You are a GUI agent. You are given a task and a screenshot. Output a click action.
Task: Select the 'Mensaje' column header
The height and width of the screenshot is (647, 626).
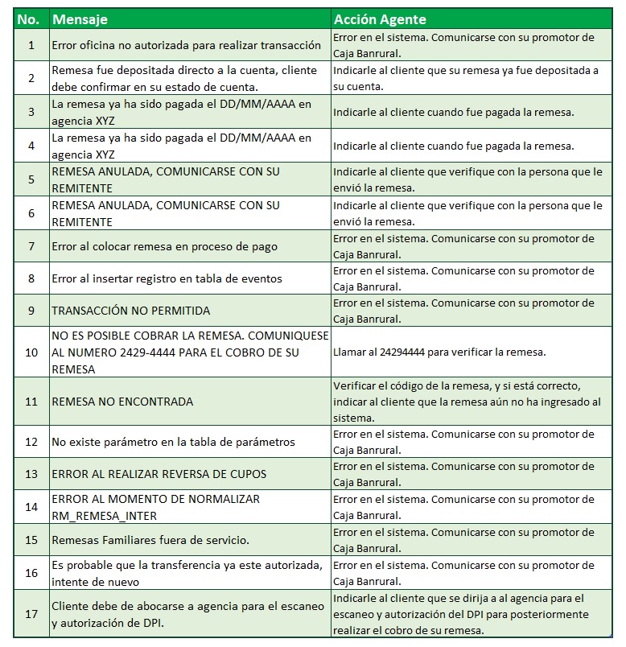point(80,19)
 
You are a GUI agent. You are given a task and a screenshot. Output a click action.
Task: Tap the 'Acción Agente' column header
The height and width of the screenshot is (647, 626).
point(380,19)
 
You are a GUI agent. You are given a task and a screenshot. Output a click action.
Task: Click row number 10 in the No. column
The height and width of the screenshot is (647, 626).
point(31,352)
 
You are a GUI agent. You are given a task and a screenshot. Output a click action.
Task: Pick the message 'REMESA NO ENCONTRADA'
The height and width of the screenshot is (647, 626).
point(122,401)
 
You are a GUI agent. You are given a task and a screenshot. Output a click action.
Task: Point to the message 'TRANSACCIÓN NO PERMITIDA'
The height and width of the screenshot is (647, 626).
point(131,310)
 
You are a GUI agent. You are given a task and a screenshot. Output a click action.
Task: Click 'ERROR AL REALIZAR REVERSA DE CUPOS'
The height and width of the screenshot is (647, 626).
point(159,474)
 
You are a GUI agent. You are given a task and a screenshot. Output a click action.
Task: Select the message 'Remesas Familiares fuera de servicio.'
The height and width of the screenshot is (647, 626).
point(150,539)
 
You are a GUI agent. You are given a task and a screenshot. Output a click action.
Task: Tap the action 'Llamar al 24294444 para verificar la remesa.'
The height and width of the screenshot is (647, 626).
point(440,352)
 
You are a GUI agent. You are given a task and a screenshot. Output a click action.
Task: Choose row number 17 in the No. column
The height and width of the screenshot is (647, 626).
point(31,613)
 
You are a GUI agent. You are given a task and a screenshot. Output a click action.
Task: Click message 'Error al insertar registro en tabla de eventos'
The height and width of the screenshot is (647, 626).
point(167,278)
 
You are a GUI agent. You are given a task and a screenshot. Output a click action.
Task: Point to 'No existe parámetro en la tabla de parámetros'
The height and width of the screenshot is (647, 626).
point(173,442)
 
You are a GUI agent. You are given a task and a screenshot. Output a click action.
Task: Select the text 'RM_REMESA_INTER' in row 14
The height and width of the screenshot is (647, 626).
point(104,515)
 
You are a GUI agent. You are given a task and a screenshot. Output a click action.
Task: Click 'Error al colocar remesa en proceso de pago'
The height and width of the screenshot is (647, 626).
point(164,245)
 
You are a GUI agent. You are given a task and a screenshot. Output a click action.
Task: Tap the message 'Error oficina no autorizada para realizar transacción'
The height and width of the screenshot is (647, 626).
point(186,45)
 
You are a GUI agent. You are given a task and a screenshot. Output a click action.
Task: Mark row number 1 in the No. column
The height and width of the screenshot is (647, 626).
point(31,45)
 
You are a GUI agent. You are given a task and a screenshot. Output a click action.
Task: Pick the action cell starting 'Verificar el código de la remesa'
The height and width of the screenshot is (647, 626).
point(467,401)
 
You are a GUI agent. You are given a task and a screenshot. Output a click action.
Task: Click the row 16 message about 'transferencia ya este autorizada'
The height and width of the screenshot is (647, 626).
point(188,572)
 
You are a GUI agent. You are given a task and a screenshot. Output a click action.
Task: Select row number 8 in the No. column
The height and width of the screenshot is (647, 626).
point(31,278)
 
